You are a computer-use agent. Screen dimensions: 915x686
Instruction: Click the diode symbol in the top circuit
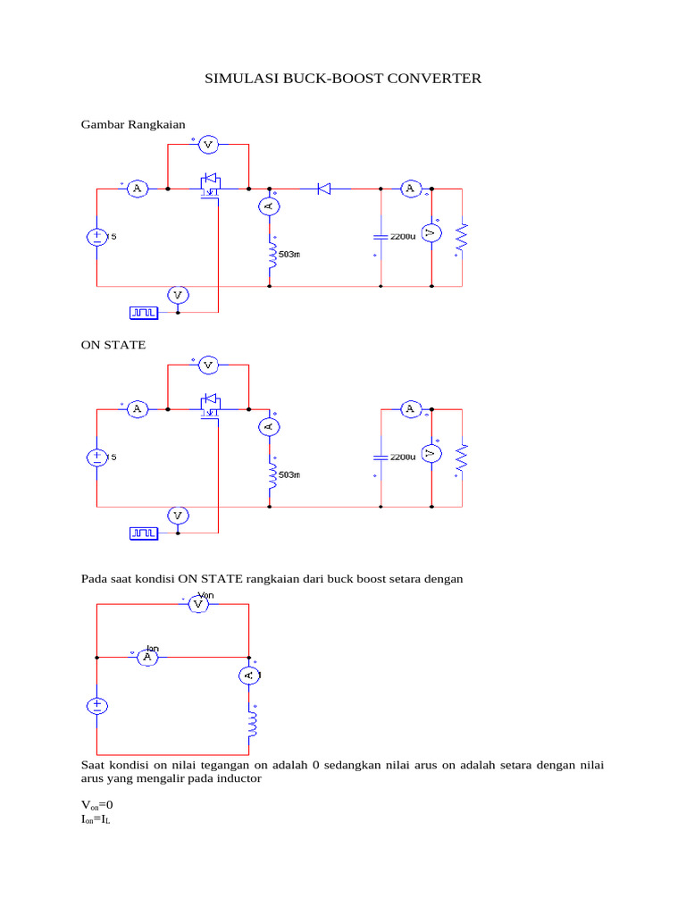pyautogui.click(x=324, y=189)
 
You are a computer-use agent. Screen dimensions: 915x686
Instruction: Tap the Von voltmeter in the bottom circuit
pyautogui.click(x=200, y=605)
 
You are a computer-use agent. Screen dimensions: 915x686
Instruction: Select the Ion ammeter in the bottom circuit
pyautogui.click(x=148, y=657)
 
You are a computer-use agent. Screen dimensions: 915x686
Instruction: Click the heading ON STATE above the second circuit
pyautogui.click(x=113, y=344)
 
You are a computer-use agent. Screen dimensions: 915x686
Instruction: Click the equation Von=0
pyautogui.click(x=97, y=804)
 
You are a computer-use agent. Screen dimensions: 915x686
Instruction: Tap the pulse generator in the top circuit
pyautogui.click(x=144, y=312)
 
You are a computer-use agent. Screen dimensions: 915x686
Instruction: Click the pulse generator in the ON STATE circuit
pyautogui.click(x=144, y=533)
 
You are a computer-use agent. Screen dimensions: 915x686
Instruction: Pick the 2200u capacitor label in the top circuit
pyautogui.click(x=402, y=237)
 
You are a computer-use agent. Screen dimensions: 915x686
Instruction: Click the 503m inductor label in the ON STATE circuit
pyautogui.click(x=289, y=475)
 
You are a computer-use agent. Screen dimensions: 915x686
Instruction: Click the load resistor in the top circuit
pyautogui.click(x=462, y=237)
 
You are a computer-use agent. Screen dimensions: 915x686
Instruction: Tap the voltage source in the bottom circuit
pyautogui.click(x=96, y=706)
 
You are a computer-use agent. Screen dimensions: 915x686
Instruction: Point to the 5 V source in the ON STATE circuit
pyautogui.click(x=96, y=457)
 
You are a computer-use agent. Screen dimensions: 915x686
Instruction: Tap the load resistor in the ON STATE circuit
pyautogui.click(x=462, y=457)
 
